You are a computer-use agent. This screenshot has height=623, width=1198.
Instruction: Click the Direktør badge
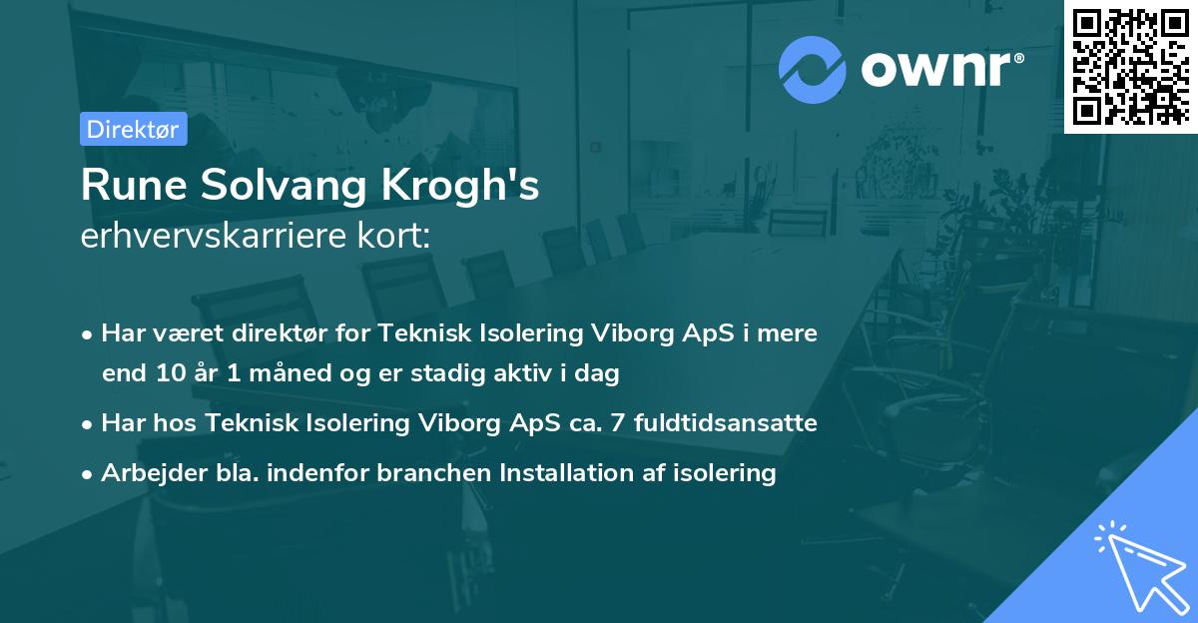133,129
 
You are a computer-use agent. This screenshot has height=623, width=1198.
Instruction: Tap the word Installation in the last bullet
567,473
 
